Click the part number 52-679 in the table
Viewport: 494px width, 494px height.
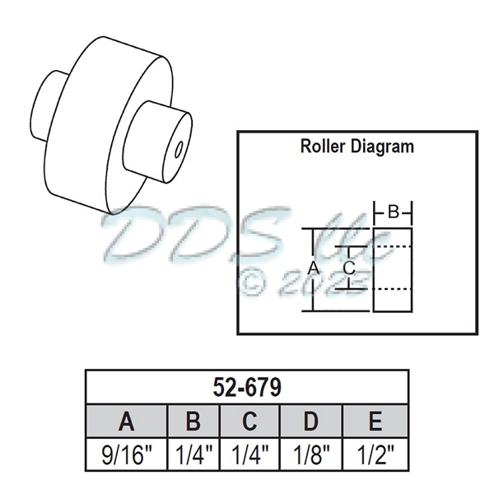[x=247, y=386]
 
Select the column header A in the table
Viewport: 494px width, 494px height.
[x=126, y=422]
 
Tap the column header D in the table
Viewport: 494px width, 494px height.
[x=310, y=422]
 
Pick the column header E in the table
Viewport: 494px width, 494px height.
[x=375, y=422]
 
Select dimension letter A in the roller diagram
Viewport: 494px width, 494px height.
[x=312, y=268]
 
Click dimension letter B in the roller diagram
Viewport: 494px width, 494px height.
[x=394, y=212]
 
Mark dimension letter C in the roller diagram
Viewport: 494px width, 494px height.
[x=348, y=268]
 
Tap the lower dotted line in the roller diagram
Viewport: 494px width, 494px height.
[x=392, y=289]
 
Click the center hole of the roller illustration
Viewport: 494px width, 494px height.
[x=179, y=151]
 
